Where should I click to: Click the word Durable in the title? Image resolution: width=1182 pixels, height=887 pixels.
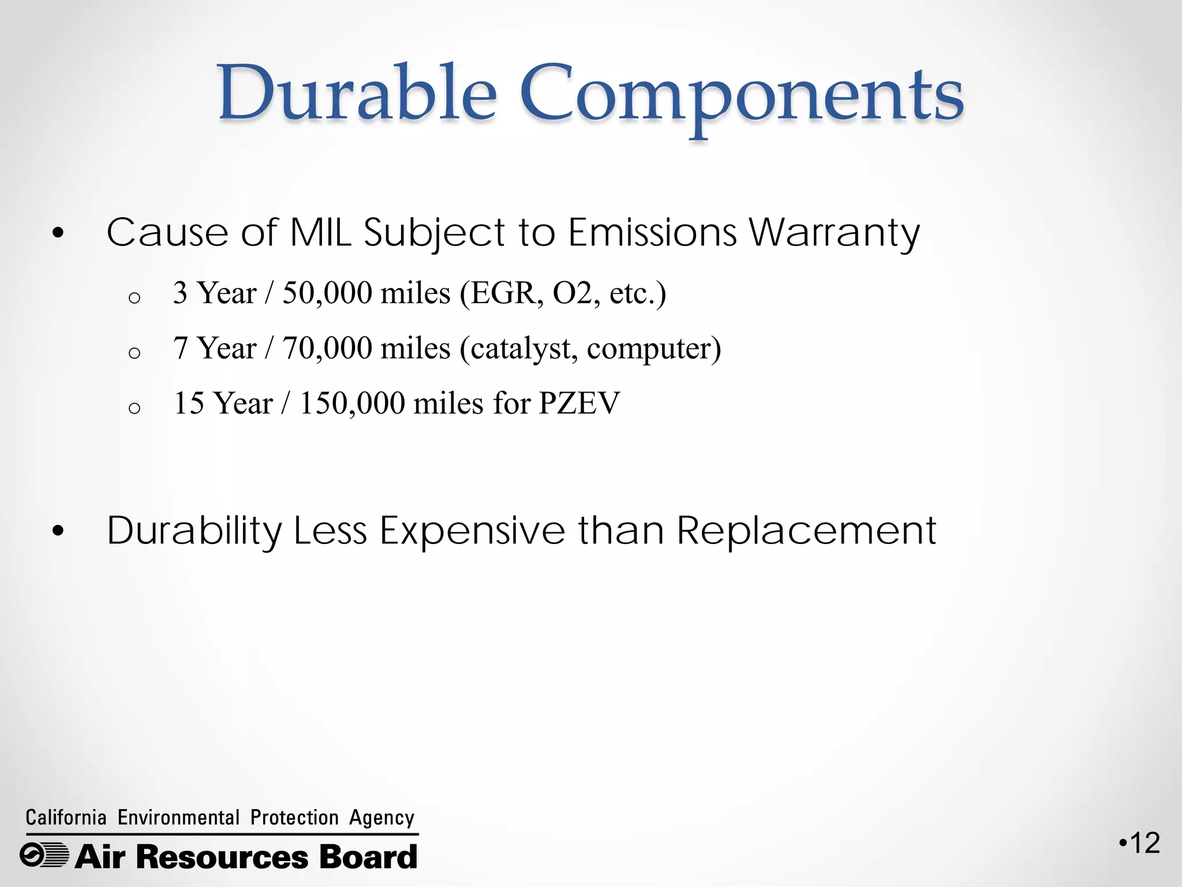click(357, 94)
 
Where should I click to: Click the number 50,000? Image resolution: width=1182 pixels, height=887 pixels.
click(327, 293)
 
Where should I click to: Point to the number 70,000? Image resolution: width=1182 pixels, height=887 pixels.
click(327, 348)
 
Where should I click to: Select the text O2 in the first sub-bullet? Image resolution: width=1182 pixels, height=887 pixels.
click(572, 293)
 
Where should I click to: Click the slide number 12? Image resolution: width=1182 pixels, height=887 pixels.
click(1144, 843)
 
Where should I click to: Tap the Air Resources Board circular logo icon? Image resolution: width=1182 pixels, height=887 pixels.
click(44, 855)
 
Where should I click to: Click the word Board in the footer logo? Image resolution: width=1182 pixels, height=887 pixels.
click(368, 856)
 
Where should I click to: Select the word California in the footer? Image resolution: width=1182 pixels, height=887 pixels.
click(66, 818)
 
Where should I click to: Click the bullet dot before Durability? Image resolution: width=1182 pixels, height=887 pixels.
click(58, 531)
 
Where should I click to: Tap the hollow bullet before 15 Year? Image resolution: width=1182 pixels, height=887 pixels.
click(134, 408)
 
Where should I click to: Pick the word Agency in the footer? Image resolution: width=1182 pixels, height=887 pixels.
click(381, 818)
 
